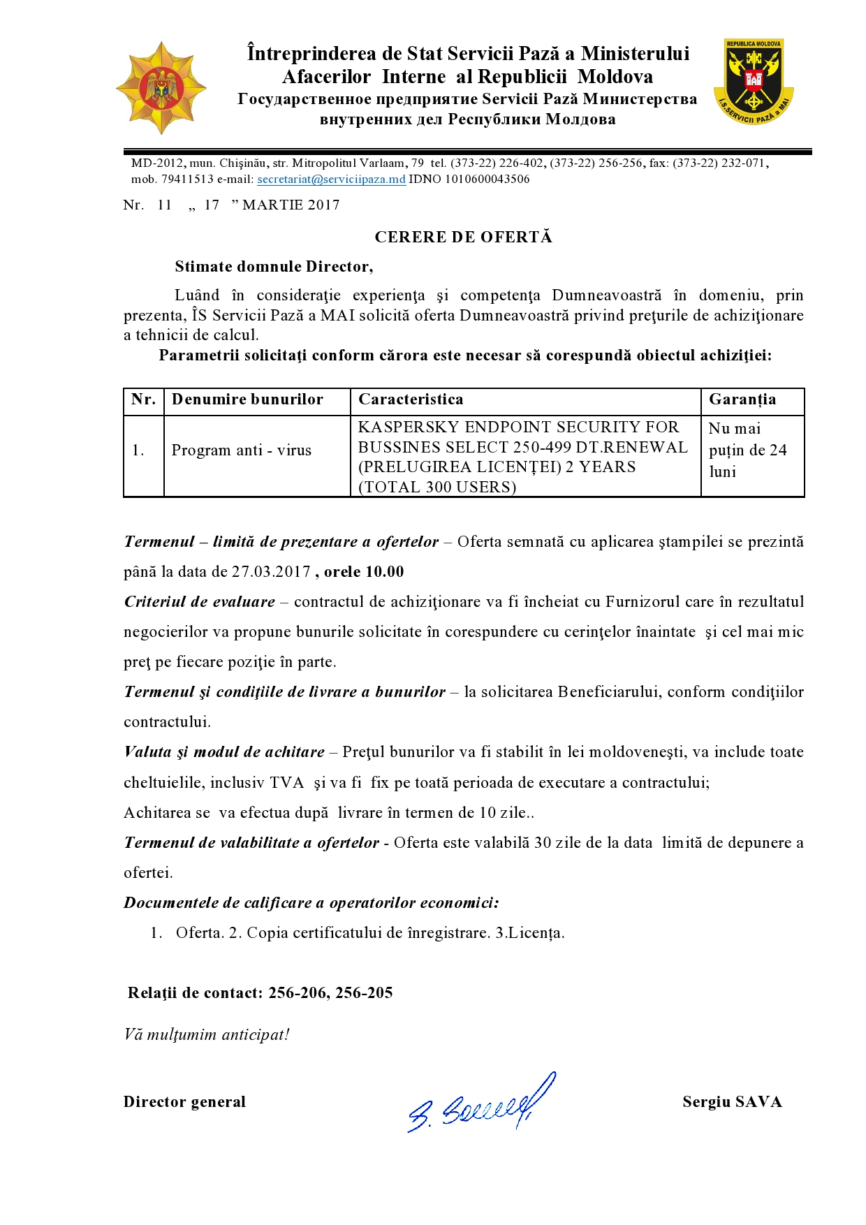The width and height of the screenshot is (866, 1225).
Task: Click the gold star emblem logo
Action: coord(161,88)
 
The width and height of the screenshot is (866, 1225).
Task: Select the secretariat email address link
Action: coord(331,179)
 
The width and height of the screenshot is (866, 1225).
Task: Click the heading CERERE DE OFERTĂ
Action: coord(463,237)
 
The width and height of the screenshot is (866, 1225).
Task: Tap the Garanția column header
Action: coord(742,399)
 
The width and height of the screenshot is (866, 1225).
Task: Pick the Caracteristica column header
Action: coord(411,399)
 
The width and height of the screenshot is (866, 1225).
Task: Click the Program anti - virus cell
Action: coord(242,450)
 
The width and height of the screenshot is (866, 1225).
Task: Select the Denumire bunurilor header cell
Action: coord(247,399)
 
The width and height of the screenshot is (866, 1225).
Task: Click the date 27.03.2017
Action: coord(271,571)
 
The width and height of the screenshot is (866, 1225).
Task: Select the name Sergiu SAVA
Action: coord(732,1102)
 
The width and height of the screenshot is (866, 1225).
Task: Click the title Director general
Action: coord(184,1102)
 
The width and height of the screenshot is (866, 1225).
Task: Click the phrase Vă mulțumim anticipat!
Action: coord(207,1034)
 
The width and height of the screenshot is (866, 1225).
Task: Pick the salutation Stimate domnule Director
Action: coord(274,266)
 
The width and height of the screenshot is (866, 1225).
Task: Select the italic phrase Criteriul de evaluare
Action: coord(200,601)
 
